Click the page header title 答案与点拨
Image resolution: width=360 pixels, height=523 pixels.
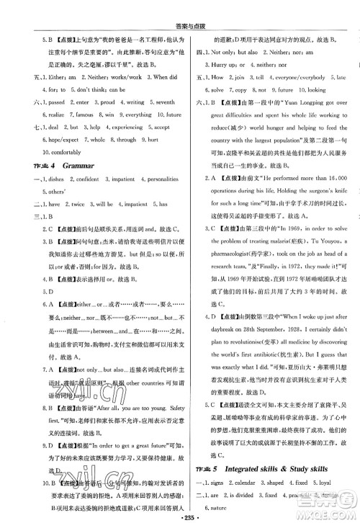click(x=180, y=9)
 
